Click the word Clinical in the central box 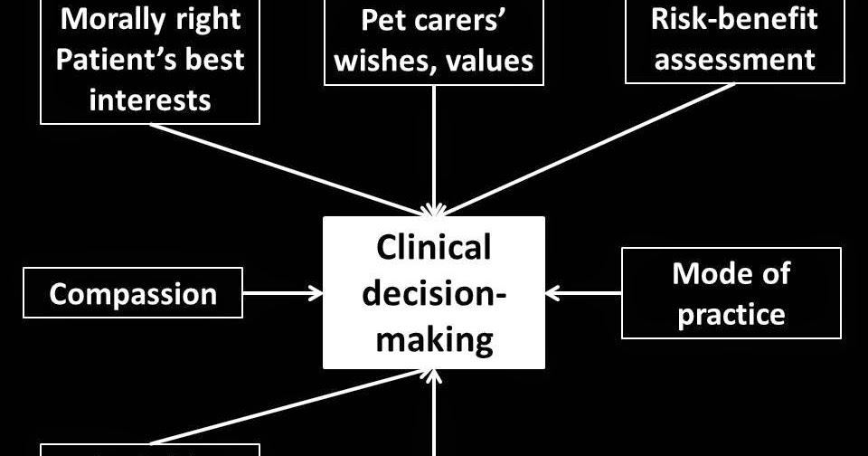pyautogui.click(x=434, y=248)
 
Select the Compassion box pyautogui.click(x=133, y=293)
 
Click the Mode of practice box pyautogui.click(x=731, y=293)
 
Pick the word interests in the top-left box pyautogui.click(x=150, y=99)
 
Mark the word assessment pyautogui.click(x=733, y=60)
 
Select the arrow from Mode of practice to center pyautogui.click(x=584, y=293)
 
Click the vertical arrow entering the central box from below pyautogui.click(x=435, y=416)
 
